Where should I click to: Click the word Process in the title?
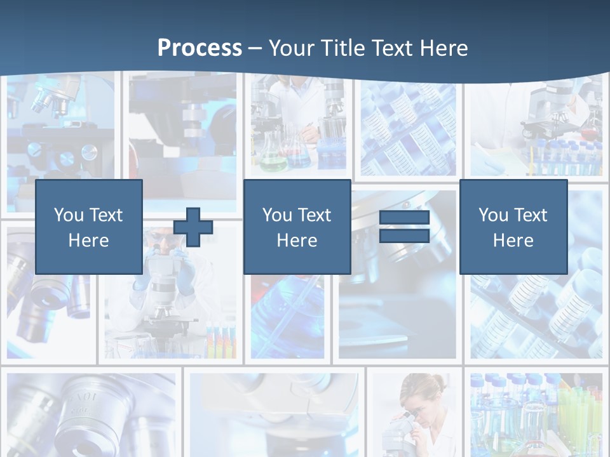(x=200, y=48)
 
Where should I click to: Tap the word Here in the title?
(x=440, y=48)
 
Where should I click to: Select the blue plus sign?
(x=193, y=227)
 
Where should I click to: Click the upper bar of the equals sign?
(x=404, y=218)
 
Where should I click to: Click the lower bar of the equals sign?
(x=404, y=236)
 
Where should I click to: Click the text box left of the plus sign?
(x=89, y=227)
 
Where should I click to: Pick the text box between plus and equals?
(x=297, y=227)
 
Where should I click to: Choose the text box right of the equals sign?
(x=513, y=227)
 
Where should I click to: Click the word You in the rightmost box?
(x=493, y=215)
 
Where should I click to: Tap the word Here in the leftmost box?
(x=88, y=241)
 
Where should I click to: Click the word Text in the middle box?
(x=315, y=215)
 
